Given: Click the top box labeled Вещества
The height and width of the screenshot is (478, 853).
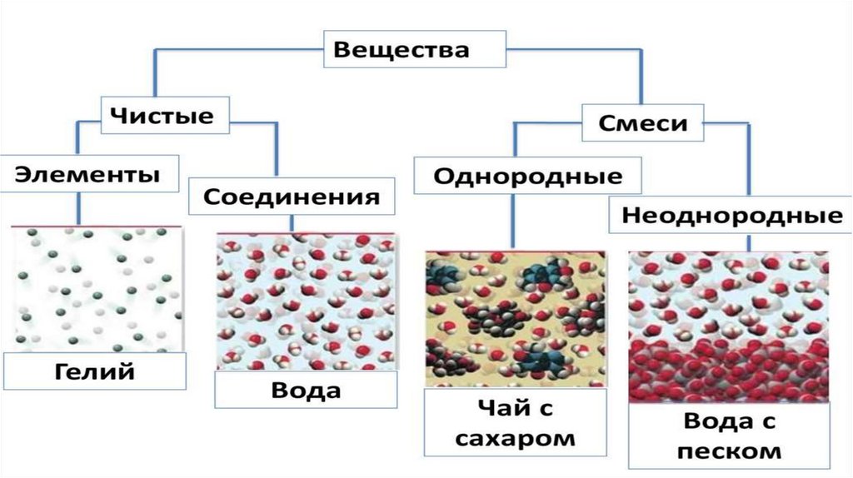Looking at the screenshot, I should click(x=401, y=50).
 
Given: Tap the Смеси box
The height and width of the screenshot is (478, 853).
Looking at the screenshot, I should click(x=643, y=124).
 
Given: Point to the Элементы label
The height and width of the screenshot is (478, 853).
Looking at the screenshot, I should click(x=87, y=176).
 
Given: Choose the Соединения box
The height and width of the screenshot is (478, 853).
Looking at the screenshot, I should click(x=292, y=197).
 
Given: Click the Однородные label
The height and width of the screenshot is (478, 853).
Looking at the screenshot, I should click(x=528, y=177).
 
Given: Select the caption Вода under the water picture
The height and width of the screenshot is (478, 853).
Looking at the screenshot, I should click(x=306, y=391).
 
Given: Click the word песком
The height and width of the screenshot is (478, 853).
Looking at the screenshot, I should click(x=731, y=451).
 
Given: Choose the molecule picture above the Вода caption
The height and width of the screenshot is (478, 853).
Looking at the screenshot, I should click(x=304, y=301).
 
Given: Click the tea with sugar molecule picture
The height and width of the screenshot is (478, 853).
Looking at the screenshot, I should click(x=515, y=319).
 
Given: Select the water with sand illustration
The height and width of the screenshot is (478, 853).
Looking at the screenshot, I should click(x=728, y=326).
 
